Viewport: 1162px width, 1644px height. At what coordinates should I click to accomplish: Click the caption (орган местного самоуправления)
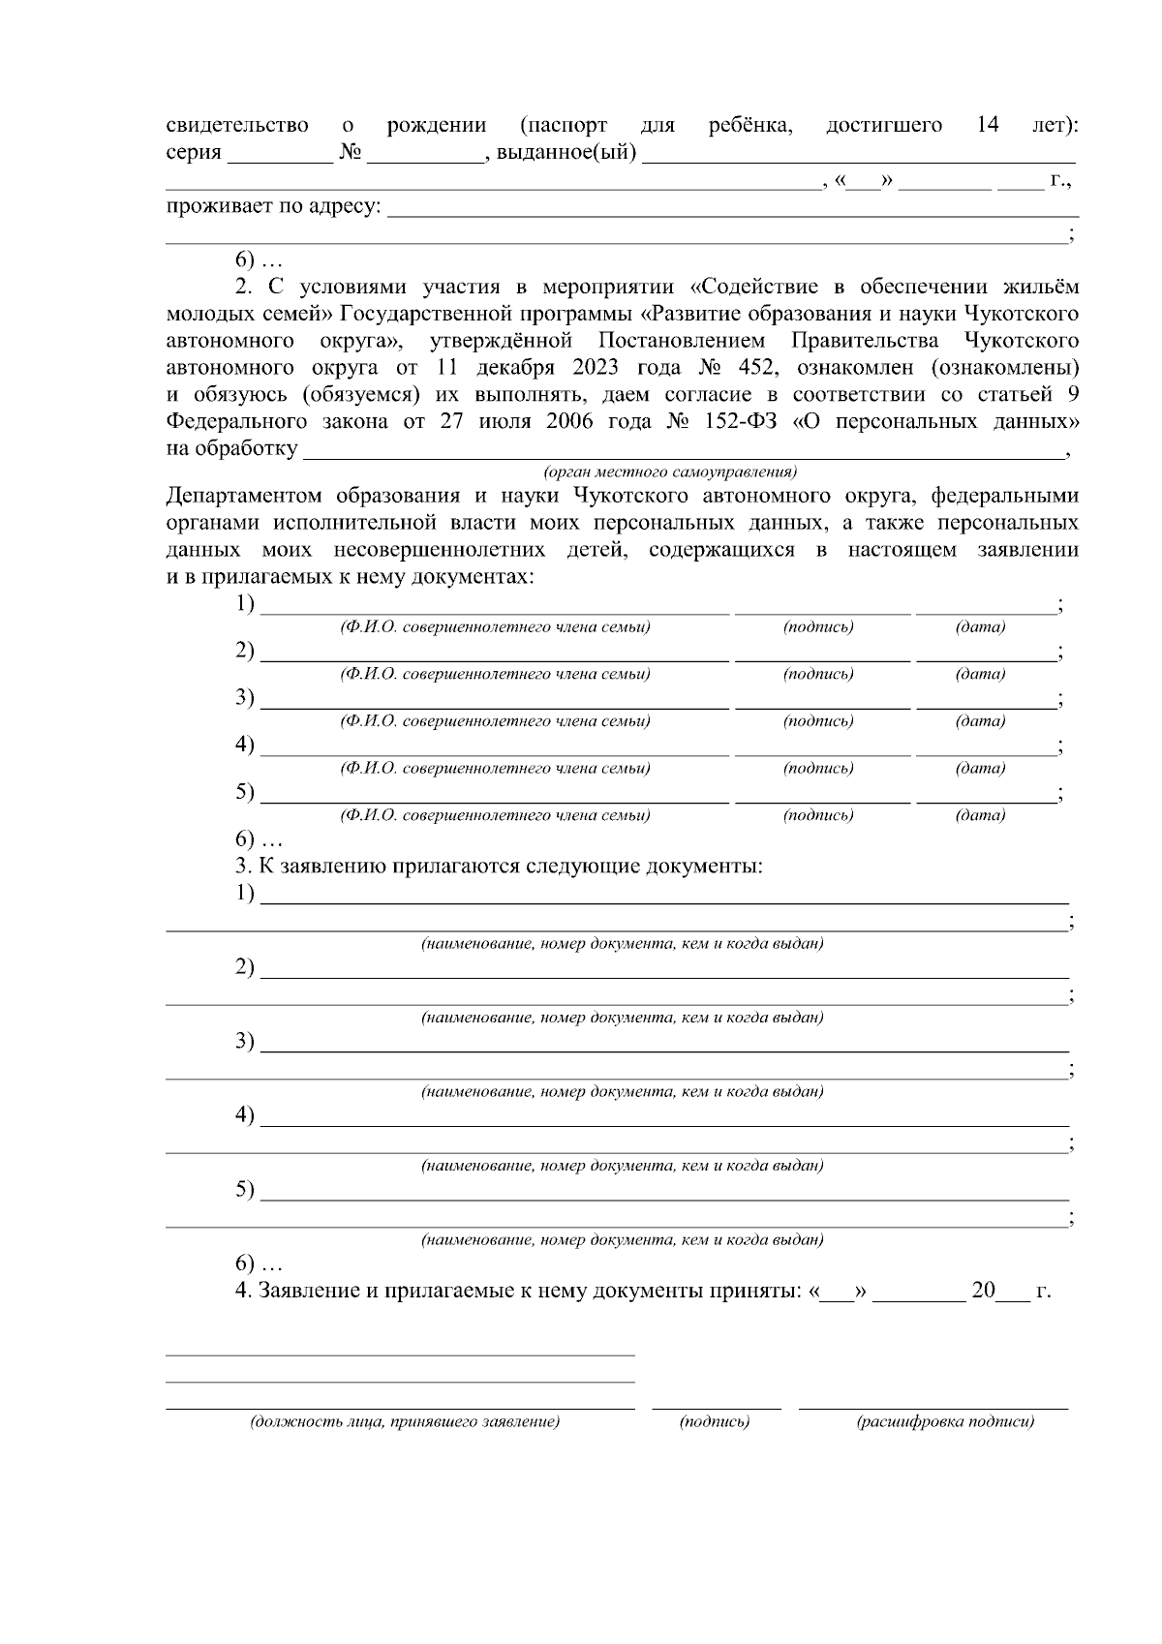tap(670, 472)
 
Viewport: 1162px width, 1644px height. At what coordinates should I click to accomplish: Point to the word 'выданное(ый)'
tap(566, 153)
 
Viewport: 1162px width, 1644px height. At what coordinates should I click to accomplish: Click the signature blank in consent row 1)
tap(822, 612)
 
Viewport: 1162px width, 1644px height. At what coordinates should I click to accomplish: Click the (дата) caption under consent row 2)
tap(980, 674)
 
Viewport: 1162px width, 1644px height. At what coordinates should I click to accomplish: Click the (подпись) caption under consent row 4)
tap(818, 768)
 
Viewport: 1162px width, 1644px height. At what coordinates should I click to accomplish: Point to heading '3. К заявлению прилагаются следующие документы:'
tap(499, 866)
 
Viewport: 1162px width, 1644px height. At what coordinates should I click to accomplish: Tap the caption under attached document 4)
tap(622, 1166)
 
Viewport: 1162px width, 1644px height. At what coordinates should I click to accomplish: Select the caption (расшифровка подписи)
tap(945, 1422)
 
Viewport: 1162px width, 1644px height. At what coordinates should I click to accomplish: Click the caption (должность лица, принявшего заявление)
tap(405, 1422)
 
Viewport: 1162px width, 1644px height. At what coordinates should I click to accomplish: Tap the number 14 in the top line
tap(987, 126)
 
